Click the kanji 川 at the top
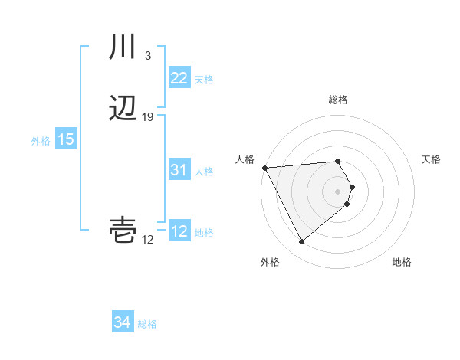(123, 47)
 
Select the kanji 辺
(123, 110)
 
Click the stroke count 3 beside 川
(147, 55)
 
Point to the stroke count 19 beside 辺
(148, 117)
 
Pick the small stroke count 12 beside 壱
(147, 241)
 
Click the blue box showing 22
(179, 78)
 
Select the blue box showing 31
(179, 171)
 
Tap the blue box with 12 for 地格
(179, 232)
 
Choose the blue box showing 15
(66, 140)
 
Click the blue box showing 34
(123, 323)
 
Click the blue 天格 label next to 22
(204, 80)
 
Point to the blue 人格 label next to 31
(204, 172)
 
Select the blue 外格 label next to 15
(41, 141)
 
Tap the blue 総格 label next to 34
(147, 324)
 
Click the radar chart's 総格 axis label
(338, 100)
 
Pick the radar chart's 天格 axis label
(431, 159)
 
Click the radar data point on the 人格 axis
(264, 167)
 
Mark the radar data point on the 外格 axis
(301, 242)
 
